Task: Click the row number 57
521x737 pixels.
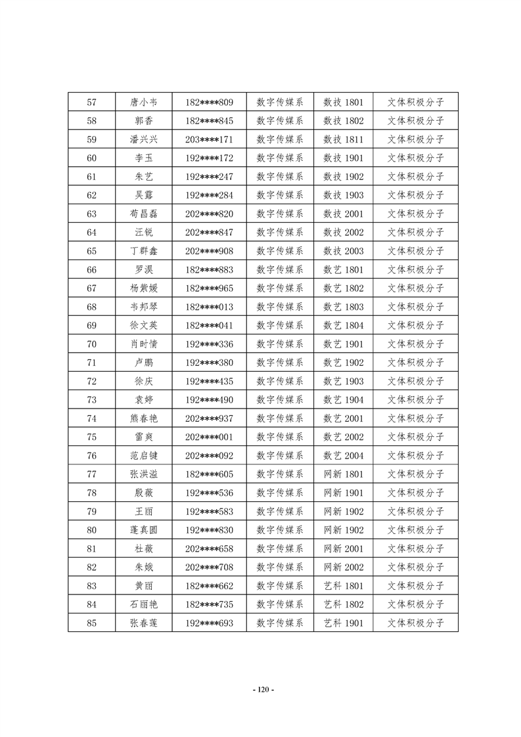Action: tap(91, 102)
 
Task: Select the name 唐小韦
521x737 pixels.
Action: tap(144, 102)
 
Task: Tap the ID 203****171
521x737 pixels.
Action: tap(209, 139)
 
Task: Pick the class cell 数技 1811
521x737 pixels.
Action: tap(343, 139)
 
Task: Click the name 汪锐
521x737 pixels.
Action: tap(144, 232)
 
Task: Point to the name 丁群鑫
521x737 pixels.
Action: tap(144, 251)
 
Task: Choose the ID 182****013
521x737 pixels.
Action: tap(209, 307)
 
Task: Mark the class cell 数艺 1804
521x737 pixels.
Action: tap(343, 325)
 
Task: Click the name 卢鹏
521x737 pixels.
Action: tap(144, 363)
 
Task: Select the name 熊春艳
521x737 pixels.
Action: tap(144, 418)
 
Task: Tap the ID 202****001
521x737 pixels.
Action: tap(209, 437)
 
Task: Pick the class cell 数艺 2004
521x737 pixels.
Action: tap(343, 455)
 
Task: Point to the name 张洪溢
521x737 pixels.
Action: tap(144, 474)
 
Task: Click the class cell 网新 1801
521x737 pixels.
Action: tap(343, 474)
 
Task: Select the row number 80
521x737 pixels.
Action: tap(91, 530)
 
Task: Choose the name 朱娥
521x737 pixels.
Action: tap(144, 567)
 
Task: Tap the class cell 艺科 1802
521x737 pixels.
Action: tap(343, 604)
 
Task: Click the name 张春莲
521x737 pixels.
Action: tap(144, 623)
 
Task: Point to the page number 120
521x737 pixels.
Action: tap(263, 689)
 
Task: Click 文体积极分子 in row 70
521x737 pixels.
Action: tap(415, 344)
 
